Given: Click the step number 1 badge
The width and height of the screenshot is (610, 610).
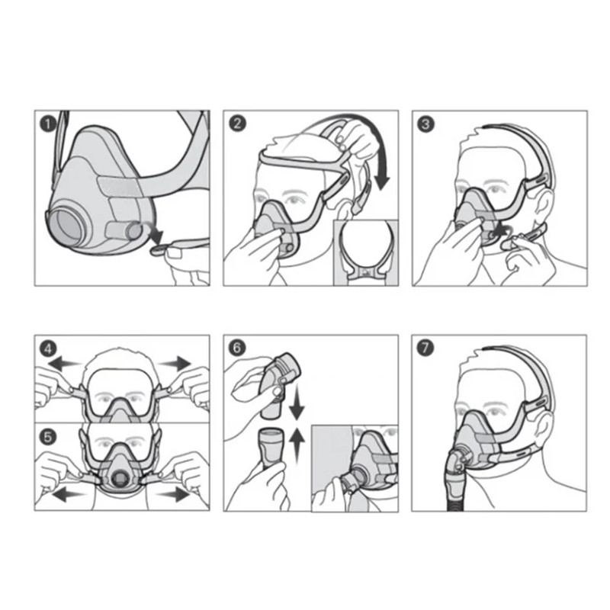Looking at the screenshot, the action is (48, 124).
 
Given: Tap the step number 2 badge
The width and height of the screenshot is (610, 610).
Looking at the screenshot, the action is (237, 124).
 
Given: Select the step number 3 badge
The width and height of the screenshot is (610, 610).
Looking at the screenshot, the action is (425, 124).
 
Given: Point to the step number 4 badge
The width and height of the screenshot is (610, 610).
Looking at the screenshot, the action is (48, 348).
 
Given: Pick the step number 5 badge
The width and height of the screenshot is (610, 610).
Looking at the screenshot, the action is (48, 437).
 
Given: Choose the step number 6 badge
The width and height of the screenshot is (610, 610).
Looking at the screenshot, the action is (237, 348).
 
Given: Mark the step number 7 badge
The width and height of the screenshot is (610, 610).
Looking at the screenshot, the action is (425, 348).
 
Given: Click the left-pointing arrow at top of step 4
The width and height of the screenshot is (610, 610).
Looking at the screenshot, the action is (63, 364).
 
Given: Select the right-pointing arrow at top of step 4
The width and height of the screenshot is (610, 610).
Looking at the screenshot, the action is (175, 363).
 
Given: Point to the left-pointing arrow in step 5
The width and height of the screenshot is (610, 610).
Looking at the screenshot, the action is (68, 495).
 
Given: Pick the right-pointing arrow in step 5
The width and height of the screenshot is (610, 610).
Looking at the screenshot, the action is (172, 495).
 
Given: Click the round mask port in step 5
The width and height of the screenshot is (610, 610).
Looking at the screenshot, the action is (120, 477).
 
